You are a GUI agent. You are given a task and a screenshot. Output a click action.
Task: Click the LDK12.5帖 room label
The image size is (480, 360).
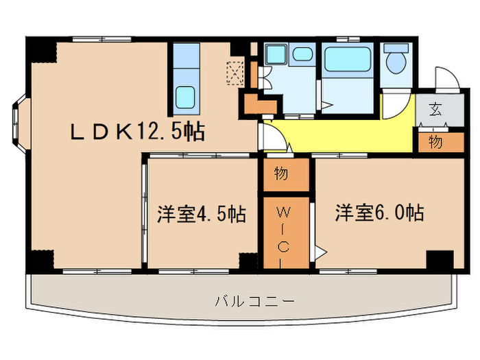click(137, 131)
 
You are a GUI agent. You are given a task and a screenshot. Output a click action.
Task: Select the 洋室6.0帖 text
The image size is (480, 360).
click(379, 213)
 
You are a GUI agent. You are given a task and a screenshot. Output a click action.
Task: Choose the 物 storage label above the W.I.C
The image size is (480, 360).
click(282, 174)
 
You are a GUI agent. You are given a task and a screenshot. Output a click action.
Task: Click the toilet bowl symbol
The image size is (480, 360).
click(396, 61)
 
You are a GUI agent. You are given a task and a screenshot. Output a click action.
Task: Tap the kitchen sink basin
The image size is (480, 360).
click(186, 96)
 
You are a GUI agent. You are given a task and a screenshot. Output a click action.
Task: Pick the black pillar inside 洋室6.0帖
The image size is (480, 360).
click(439, 261)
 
